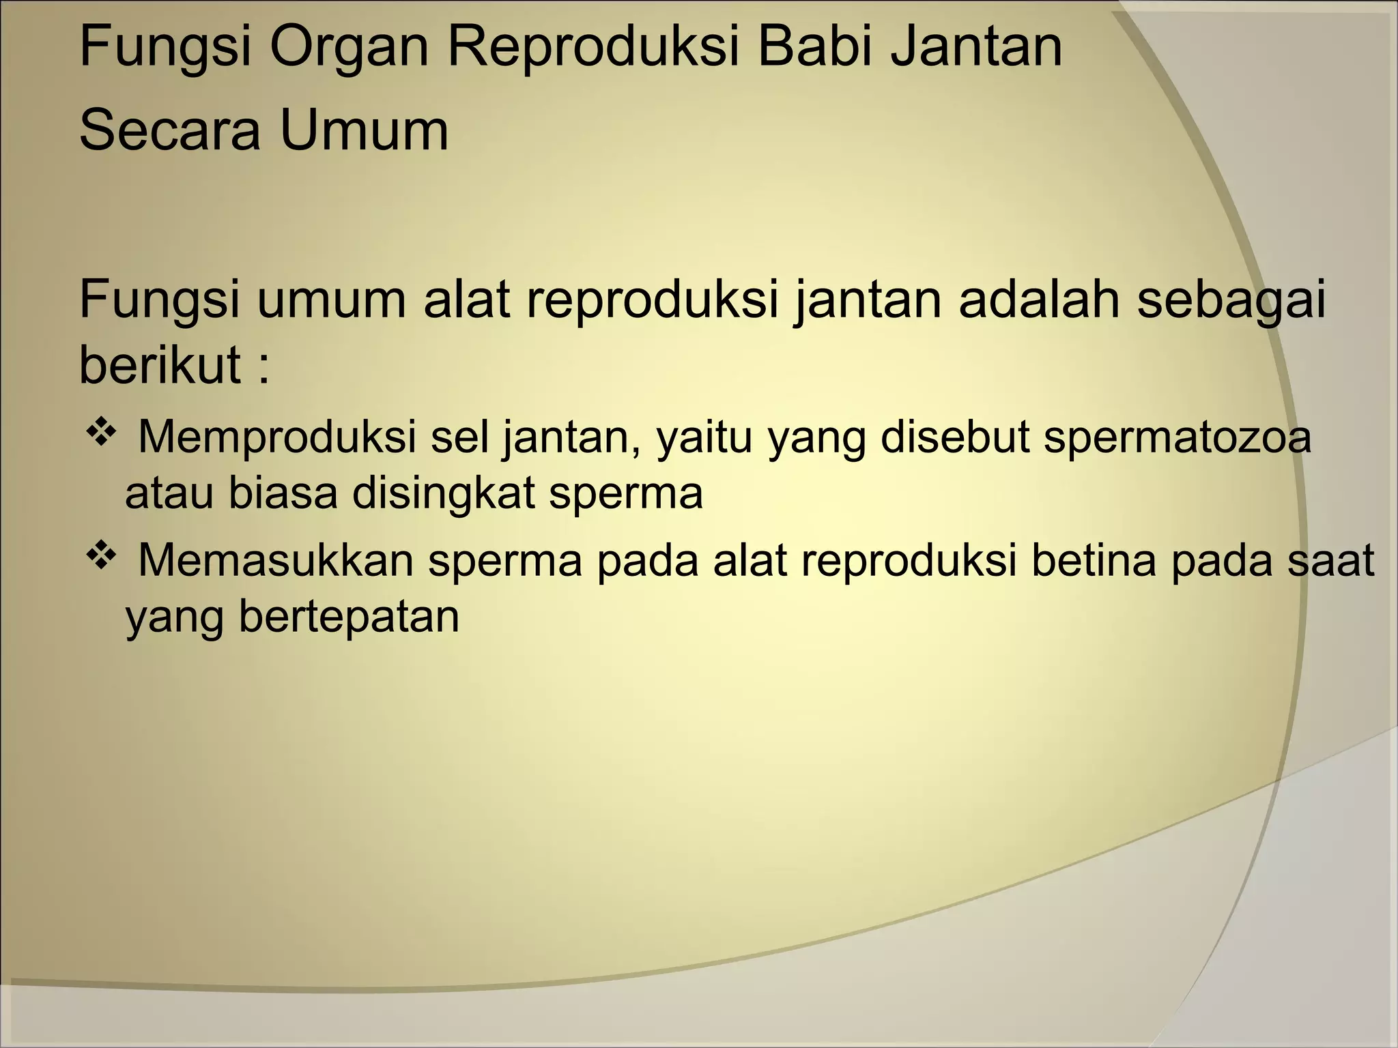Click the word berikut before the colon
(160, 364)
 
